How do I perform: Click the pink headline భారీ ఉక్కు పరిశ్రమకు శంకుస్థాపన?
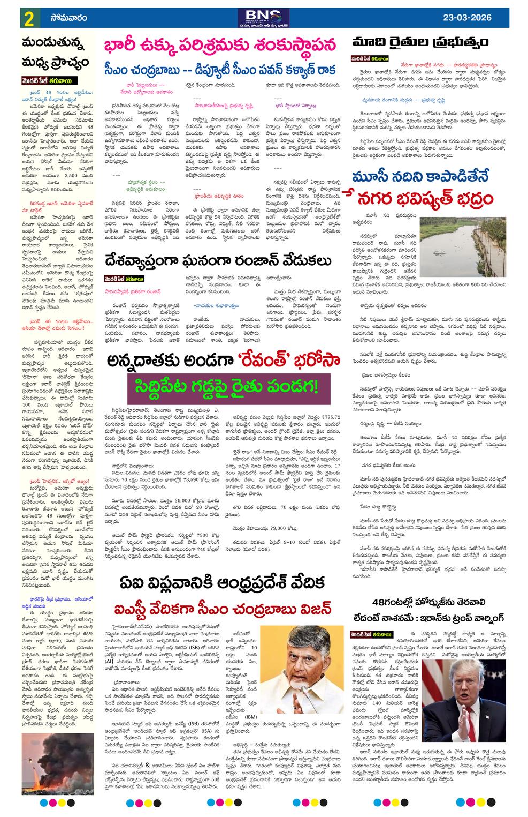click(219, 44)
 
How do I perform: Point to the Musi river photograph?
click(458, 244)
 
